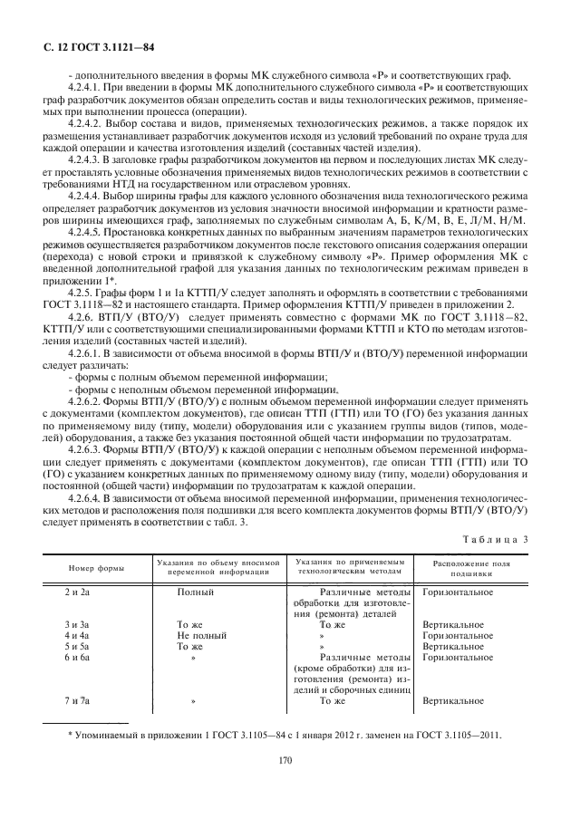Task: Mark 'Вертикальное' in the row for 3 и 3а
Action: (453, 624)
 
